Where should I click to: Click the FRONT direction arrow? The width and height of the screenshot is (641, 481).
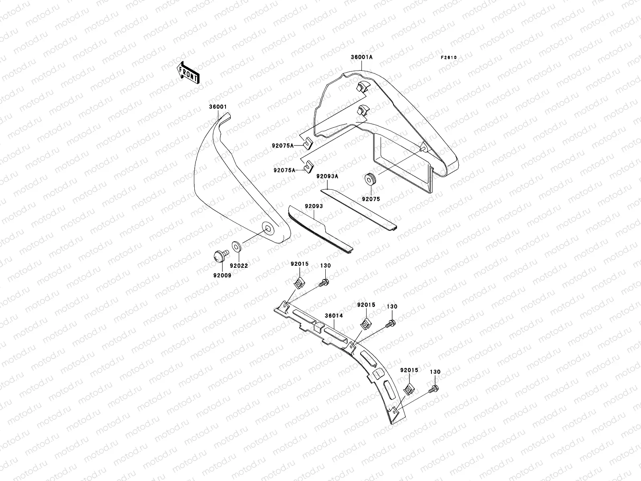click(189, 72)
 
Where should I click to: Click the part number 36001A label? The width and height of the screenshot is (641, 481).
click(362, 57)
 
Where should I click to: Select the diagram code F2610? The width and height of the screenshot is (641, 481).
click(449, 57)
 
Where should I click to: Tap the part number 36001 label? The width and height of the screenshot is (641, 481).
click(218, 107)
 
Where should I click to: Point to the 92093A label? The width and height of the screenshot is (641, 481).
click(327, 176)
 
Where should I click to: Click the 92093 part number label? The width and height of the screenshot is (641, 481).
click(313, 206)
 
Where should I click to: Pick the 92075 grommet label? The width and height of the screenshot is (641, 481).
click(371, 198)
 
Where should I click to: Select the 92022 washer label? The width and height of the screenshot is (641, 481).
click(239, 265)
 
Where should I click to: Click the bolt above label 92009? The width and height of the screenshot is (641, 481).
click(220, 256)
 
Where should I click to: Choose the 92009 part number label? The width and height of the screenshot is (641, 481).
click(222, 275)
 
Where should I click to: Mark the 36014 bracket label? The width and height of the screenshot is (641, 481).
click(334, 315)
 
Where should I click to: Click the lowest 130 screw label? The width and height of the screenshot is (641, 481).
click(435, 372)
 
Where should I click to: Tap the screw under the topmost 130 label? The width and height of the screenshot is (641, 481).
click(324, 283)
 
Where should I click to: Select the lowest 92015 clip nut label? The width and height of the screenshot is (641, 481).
click(409, 370)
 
